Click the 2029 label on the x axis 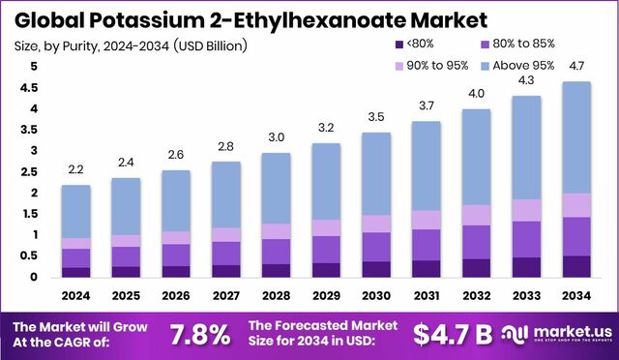point(326,295)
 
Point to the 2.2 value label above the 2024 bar point(76,170)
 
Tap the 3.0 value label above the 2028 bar point(276,137)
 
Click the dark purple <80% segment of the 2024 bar point(76,272)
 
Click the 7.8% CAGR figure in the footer point(200,335)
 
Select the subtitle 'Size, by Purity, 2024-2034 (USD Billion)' point(130,45)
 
